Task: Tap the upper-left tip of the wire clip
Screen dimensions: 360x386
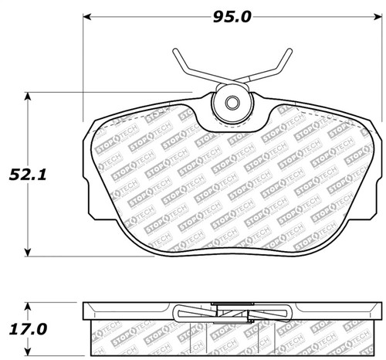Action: [176, 52]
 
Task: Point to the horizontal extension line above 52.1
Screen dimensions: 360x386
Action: [108, 93]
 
